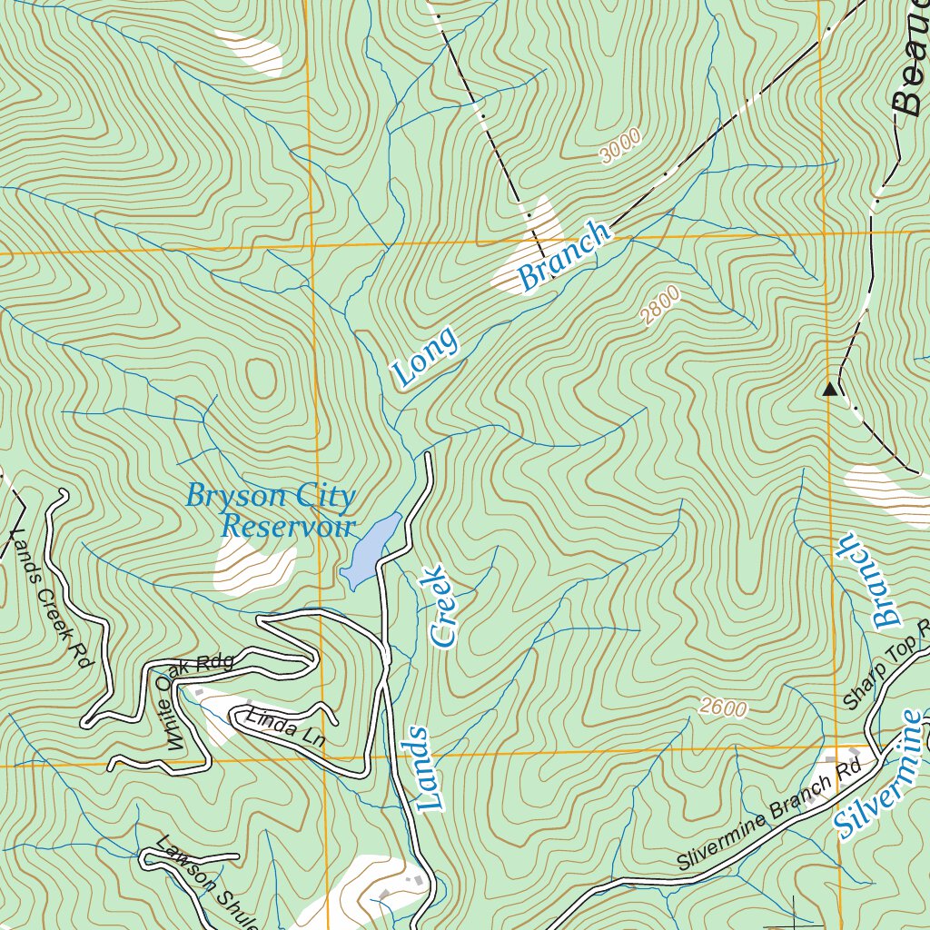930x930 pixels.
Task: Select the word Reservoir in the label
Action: click(x=289, y=526)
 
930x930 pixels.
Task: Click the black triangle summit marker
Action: click(x=829, y=390)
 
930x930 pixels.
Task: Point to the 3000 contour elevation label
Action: click(x=620, y=145)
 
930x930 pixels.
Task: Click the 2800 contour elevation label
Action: click(x=659, y=306)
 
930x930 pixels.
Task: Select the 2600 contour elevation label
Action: click(x=724, y=708)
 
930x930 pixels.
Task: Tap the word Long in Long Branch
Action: click(x=425, y=358)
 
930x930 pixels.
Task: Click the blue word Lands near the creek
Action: click(x=424, y=768)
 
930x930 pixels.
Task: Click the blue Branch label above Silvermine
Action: click(x=870, y=581)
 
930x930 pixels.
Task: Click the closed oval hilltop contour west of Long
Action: click(x=261, y=379)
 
